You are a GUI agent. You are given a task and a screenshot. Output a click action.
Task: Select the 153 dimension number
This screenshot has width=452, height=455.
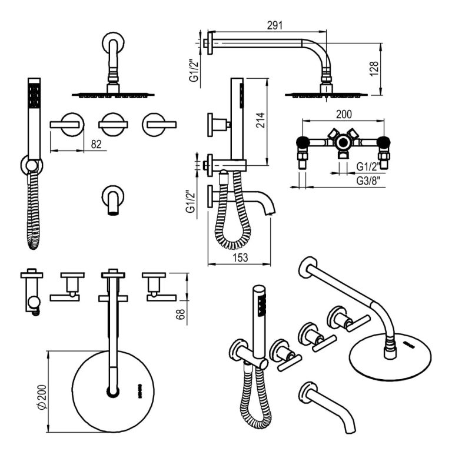(239, 256)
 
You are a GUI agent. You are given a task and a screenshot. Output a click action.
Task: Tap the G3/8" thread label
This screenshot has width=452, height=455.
(370, 182)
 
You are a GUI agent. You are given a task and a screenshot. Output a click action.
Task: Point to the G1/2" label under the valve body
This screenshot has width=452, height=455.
(369, 166)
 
